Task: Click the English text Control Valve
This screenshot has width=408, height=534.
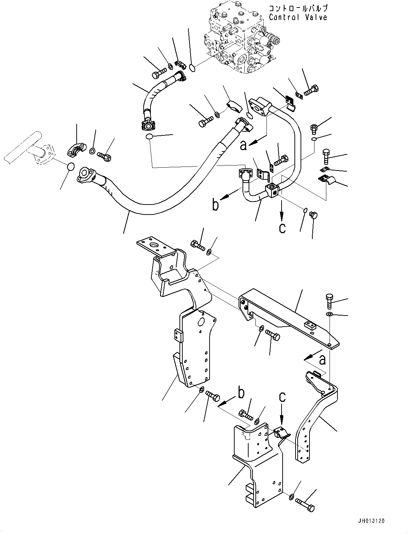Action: coord(298,17)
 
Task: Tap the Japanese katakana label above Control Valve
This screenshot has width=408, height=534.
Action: coord(298,8)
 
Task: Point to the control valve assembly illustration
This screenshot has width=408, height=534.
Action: coord(240,39)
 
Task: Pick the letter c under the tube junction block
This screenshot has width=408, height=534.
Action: coord(282,228)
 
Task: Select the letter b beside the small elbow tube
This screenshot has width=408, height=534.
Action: coord(216,205)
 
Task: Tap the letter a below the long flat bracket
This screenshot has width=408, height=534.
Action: coord(322,359)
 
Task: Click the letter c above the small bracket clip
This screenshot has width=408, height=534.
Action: coord(283,396)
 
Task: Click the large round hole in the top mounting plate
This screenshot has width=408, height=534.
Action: coord(156,246)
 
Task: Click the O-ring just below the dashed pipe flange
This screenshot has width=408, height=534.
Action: coord(71,167)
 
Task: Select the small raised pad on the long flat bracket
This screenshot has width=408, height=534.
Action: coord(310,326)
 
